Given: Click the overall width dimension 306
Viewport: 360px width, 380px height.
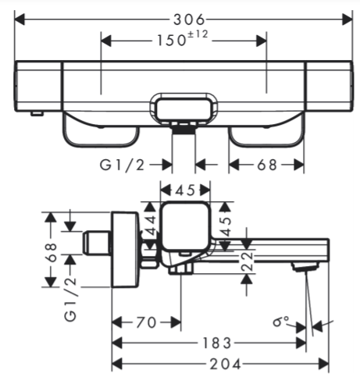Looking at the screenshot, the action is point(189,20).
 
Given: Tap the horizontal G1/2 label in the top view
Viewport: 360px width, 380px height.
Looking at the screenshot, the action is point(122,165).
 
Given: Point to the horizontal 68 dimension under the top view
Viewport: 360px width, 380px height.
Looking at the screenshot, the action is point(267,165).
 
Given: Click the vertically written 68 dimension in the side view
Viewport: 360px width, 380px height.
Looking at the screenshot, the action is point(52,252).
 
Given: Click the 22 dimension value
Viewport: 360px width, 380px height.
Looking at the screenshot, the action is point(246,261).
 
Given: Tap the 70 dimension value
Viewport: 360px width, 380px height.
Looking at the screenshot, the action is point(146,322).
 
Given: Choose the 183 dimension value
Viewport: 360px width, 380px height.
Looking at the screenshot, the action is point(216,343).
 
